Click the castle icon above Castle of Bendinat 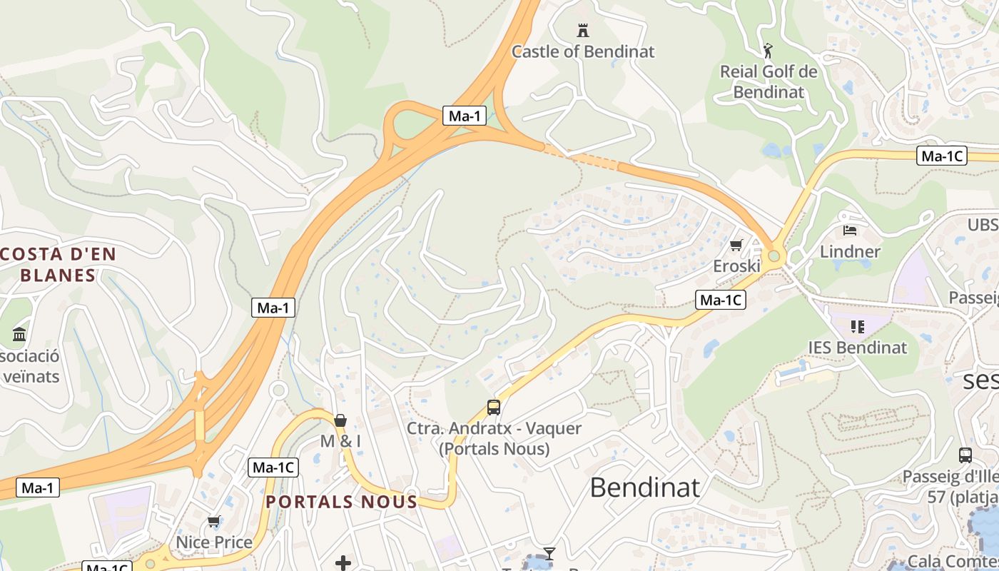click(583, 30)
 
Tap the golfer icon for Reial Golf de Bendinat click(768, 51)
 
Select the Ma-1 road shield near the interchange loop click(465, 116)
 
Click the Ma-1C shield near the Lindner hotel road click(941, 156)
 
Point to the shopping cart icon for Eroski click(736, 245)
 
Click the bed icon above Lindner click(849, 231)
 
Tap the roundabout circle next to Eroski click(774, 256)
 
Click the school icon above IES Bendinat click(857, 327)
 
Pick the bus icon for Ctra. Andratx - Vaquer click(493, 408)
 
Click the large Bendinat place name click(644, 487)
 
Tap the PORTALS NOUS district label click(341, 502)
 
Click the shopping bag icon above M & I click(340, 420)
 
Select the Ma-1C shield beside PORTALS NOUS click(273, 468)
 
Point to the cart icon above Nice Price click(213, 522)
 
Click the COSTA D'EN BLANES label click(59, 264)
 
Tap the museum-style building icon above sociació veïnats click(19, 334)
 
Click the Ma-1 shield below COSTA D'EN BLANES click(273, 308)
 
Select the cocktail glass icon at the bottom click(549, 553)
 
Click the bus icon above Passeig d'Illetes click(965, 455)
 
